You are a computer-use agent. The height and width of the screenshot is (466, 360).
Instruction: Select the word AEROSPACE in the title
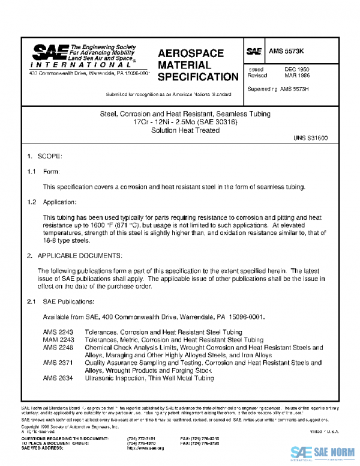[190, 53]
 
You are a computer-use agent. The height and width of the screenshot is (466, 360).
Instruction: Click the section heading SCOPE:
[50, 156]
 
